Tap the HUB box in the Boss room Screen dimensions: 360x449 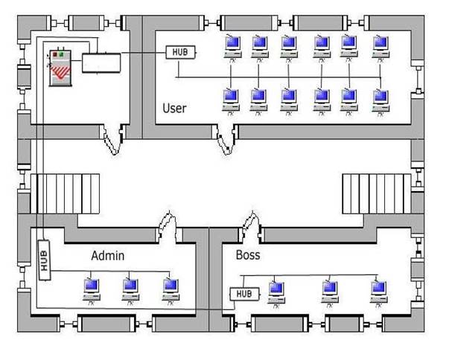pyautogui.click(x=244, y=295)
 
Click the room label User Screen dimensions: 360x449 pyautogui.click(x=174, y=109)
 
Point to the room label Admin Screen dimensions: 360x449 pyautogui.click(x=107, y=256)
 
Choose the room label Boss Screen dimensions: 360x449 pyautogui.click(x=248, y=255)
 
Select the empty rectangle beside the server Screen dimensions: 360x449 pyautogui.click(x=100, y=62)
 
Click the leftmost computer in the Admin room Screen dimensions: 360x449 pyautogui.click(x=92, y=286)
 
